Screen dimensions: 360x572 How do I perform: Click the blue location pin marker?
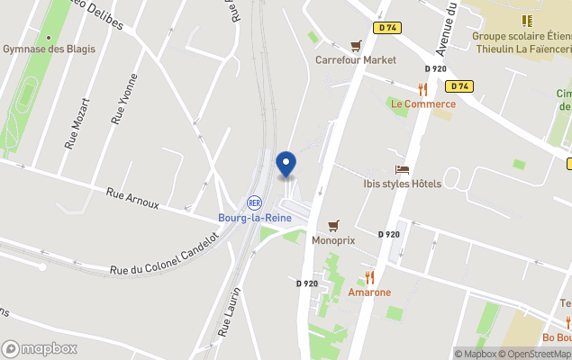pyautogui.click(x=286, y=165)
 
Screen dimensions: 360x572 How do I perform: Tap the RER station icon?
pyautogui.click(x=254, y=202)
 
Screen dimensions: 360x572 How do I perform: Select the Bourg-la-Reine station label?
pyautogui.click(x=253, y=218)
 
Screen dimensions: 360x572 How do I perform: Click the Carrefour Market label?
pyautogui.click(x=355, y=60)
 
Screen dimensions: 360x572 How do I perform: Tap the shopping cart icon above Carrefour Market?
pyautogui.click(x=356, y=45)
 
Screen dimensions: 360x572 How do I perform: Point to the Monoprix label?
pyautogui.click(x=333, y=241)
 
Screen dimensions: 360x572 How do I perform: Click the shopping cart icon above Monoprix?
pyautogui.click(x=333, y=226)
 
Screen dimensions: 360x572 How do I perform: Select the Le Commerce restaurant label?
pyautogui.click(x=422, y=103)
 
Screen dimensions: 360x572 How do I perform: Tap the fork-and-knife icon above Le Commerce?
pyautogui.click(x=422, y=88)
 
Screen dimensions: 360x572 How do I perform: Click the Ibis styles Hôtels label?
pyautogui.click(x=402, y=184)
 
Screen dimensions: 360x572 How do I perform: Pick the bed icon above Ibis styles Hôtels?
pyautogui.click(x=402, y=169)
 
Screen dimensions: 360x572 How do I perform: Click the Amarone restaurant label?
pyautogui.click(x=369, y=292)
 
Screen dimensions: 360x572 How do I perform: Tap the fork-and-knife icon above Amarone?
pyautogui.click(x=369, y=276)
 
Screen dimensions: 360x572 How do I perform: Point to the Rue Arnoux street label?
pyautogui.click(x=132, y=198)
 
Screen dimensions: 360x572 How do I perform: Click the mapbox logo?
pyautogui.click(x=40, y=348)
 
